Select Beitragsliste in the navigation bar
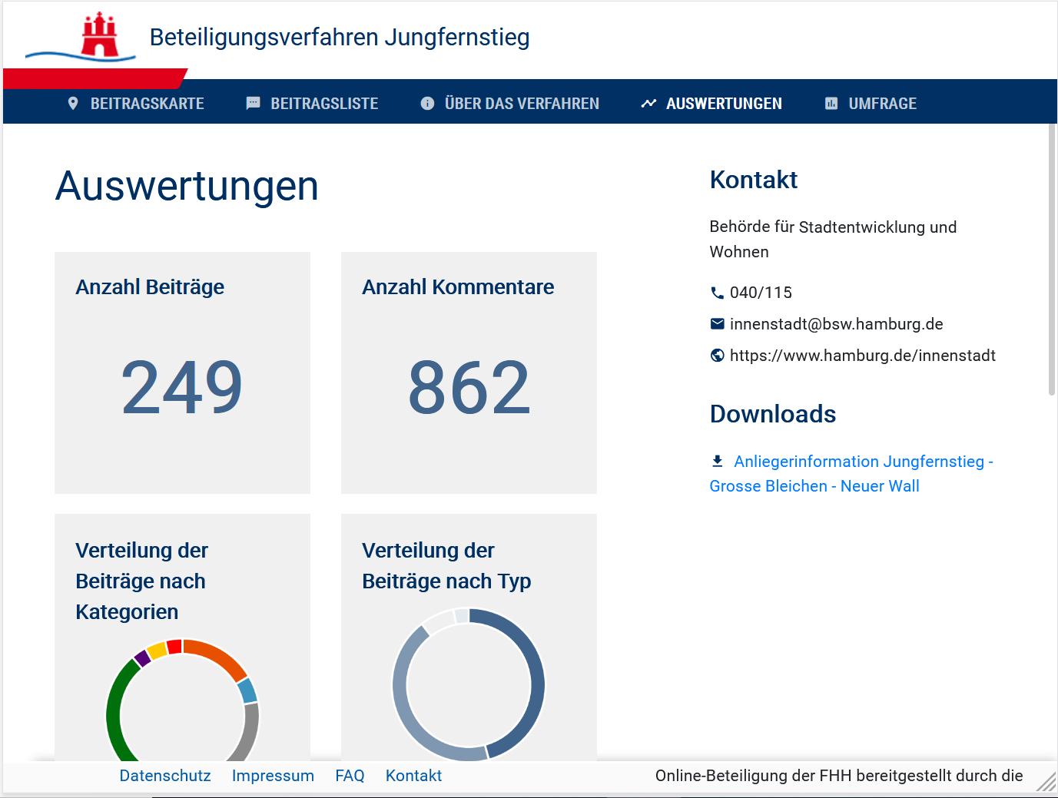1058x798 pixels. click(312, 104)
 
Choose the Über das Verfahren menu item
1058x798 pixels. click(509, 104)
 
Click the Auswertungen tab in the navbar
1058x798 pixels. click(711, 104)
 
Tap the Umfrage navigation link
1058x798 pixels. click(871, 104)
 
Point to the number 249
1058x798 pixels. click(182, 387)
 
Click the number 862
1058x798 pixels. click(469, 387)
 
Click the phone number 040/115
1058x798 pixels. click(761, 293)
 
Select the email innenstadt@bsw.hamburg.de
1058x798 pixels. click(836, 324)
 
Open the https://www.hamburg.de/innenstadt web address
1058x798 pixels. click(862, 356)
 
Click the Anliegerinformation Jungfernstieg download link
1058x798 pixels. click(851, 473)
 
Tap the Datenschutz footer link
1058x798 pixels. click(165, 776)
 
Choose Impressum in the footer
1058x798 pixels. click(273, 776)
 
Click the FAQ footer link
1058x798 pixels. click(350, 776)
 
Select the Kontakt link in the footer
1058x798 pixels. click(413, 776)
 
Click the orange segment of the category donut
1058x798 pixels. click(217, 655)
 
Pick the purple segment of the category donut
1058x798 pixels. click(142, 658)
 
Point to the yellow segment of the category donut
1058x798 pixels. click(157, 651)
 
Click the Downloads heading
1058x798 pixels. click(773, 414)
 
